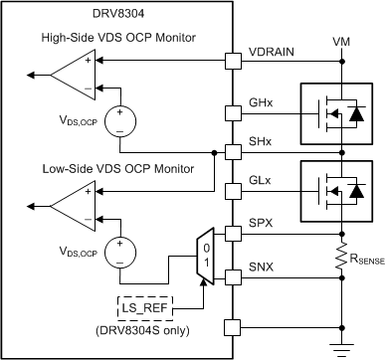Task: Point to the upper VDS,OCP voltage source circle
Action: pos(119,119)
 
